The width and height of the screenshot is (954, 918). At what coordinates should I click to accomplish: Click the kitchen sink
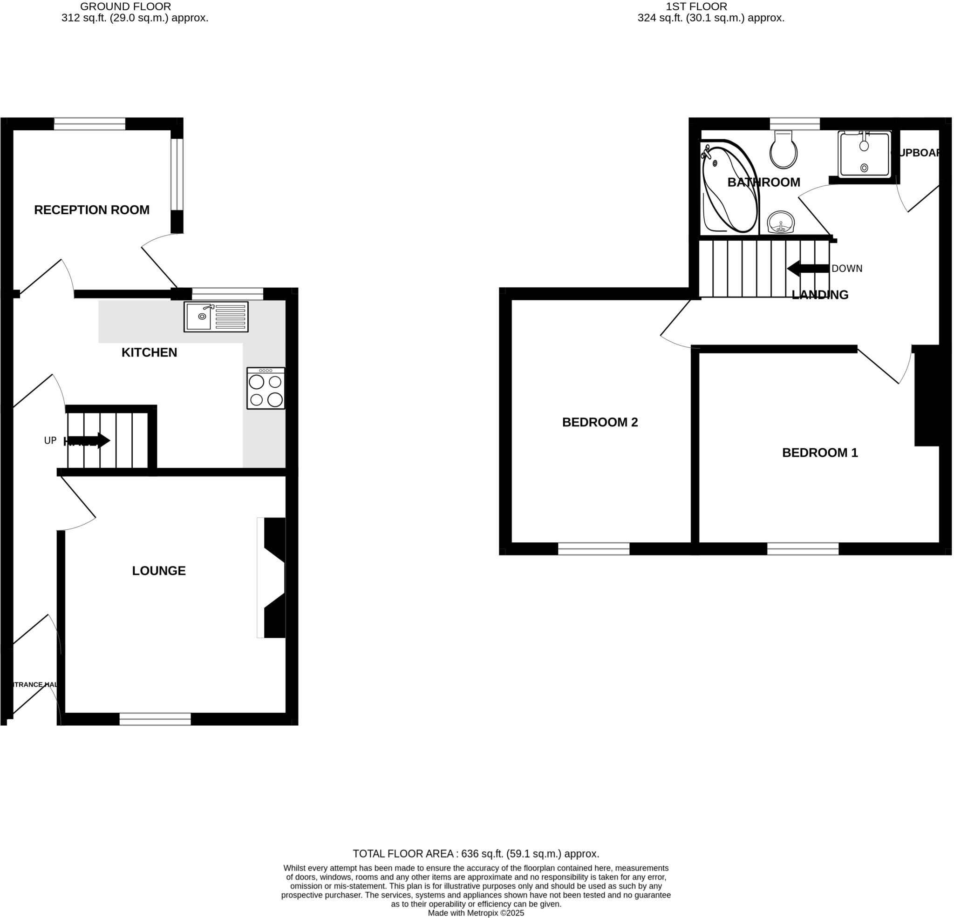[x=216, y=317]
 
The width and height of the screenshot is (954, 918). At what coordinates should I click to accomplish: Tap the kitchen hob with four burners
[x=266, y=388]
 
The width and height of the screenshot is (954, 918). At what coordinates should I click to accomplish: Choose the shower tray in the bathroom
[x=865, y=154]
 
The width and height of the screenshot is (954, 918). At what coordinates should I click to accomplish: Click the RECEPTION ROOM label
[x=91, y=209]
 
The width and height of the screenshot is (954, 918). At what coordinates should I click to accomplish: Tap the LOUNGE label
[x=159, y=571]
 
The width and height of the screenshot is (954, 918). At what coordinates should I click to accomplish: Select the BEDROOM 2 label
[x=600, y=422]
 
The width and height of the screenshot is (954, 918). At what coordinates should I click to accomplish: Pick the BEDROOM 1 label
[x=820, y=453]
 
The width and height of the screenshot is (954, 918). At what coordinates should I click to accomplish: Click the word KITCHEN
[x=149, y=353]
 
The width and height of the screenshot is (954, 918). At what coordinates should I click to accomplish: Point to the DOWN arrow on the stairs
[x=808, y=269]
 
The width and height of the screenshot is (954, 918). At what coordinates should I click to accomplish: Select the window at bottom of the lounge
[x=155, y=719]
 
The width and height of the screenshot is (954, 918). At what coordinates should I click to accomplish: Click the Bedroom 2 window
[x=593, y=549]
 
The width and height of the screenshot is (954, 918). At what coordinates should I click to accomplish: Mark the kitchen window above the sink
[x=227, y=294]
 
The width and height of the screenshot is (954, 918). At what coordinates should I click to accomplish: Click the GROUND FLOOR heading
[x=125, y=7]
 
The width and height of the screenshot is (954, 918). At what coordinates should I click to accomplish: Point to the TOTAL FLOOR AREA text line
[x=476, y=854]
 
